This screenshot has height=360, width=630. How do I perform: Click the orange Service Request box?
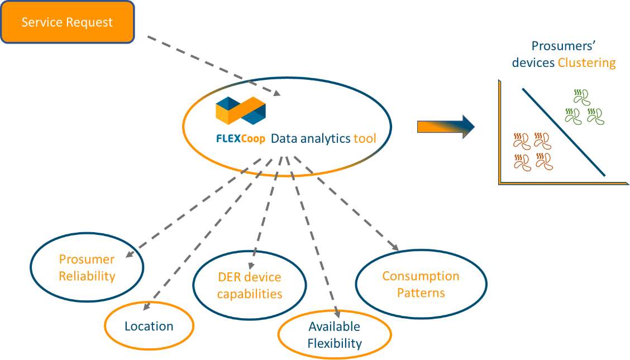[68, 22]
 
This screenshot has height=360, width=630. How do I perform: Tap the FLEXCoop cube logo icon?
[241, 111]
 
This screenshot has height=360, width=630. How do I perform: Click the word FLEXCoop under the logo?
[241, 139]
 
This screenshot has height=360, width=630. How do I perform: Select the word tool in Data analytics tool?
[364, 138]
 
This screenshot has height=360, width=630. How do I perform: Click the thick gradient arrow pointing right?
[446, 127]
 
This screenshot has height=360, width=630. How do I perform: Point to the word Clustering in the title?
[586, 63]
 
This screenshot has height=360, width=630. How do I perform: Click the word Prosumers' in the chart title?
[564, 46]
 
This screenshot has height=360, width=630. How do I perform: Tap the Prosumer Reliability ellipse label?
[87, 268]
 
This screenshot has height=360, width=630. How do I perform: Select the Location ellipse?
[149, 326]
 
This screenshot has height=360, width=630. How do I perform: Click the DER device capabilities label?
[250, 285]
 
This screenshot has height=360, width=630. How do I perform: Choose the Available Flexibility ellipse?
[335, 335]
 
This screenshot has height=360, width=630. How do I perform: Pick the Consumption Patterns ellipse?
[421, 284]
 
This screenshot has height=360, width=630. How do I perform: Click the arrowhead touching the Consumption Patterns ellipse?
[394, 247]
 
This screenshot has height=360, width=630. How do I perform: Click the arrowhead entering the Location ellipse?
[146, 306]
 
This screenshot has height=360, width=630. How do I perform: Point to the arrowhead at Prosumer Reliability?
[130, 253]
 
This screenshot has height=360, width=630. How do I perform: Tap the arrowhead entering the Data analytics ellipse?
[276, 93]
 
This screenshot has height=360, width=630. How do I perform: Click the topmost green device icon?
[582, 97]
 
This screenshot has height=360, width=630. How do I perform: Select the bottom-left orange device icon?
[522, 162]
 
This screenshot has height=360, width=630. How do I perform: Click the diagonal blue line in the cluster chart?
[564, 132]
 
